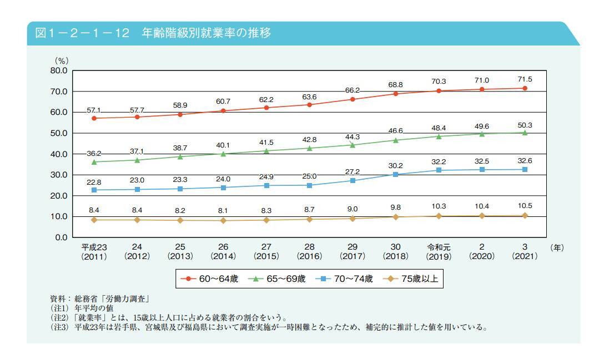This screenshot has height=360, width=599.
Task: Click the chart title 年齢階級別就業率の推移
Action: coord(206,33)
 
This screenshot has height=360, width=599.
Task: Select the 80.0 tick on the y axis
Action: coord(59,70)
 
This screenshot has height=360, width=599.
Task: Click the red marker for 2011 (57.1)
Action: coord(94,118)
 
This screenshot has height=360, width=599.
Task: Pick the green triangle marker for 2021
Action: coord(525,133)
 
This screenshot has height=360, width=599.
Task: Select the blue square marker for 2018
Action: coord(395,174)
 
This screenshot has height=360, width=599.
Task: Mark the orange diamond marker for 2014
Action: coord(223,220)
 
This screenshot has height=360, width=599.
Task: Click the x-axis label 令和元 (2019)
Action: coord(439,252)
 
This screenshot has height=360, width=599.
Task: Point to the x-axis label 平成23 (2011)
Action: coord(94,252)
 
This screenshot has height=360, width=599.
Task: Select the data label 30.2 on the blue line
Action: coord(395,165)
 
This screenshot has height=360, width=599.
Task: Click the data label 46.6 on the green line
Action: coord(395,131)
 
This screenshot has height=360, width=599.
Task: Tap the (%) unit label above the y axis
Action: coord(61,60)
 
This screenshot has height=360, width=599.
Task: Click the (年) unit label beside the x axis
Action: coord(556,248)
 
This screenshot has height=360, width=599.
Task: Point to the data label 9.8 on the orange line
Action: coord(395,208)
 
